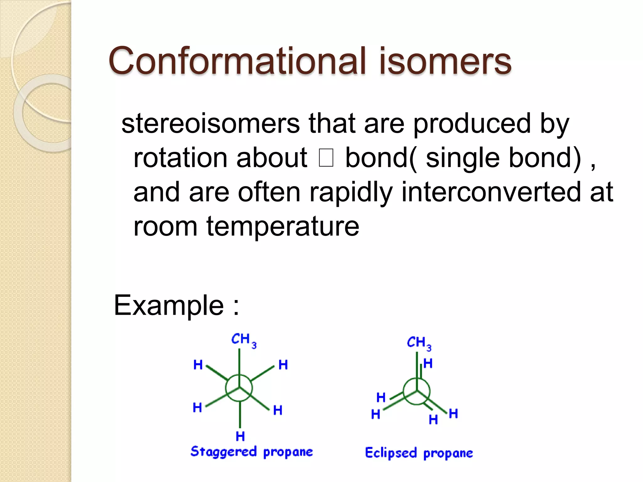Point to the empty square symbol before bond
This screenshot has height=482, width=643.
pyautogui.click(x=326, y=158)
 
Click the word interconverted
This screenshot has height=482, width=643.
pyautogui.click(x=491, y=192)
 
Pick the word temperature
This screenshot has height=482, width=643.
pyautogui.click(x=283, y=226)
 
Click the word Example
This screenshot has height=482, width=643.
pyautogui.click(x=169, y=305)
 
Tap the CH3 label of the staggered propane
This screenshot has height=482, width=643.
pyautogui.click(x=243, y=340)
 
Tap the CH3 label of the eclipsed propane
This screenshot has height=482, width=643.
pyautogui.click(x=419, y=343)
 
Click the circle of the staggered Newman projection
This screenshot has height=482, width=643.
pyautogui.click(x=239, y=388)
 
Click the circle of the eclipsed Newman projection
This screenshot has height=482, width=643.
pyautogui.click(x=417, y=391)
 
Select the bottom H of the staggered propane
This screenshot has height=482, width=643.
pyautogui.click(x=240, y=436)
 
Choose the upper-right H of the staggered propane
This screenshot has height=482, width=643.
pyautogui.click(x=283, y=365)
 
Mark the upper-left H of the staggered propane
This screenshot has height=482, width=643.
pyautogui.click(x=198, y=365)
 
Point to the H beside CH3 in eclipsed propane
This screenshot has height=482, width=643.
pyautogui.click(x=428, y=363)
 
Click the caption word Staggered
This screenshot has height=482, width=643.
pyautogui.click(x=224, y=452)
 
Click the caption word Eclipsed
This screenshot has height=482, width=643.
pyautogui.click(x=391, y=453)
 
